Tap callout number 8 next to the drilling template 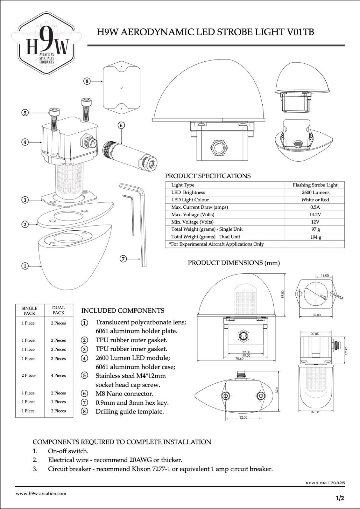pyautogui.click(x=87, y=81)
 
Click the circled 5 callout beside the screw pyautogui.click(x=25, y=113)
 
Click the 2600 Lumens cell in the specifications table pyautogui.click(x=315, y=192)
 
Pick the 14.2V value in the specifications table pyautogui.click(x=315, y=214)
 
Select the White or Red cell pyautogui.click(x=315, y=200)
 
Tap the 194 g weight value pyautogui.click(x=315, y=237)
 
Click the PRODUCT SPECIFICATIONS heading pyautogui.click(x=208, y=176)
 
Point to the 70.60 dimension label pyautogui.click(x=239, y=359)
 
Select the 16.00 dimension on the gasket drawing pyautogui.click(x=325, y=275)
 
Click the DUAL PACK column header pyautogui.click(x=58, y=310)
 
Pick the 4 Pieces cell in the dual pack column pyautogui.click(x=58, y=375)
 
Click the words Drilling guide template pyautogui.click(x=130, y=412)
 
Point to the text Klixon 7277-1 pyautogui.click(x=150, y=469)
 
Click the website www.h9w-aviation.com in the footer pyautogui.click(x=41, y=493)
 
